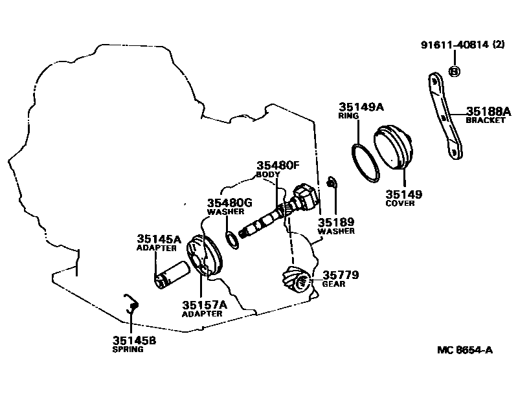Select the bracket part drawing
coord(445,117)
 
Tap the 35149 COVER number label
coord(403,193)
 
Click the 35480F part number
coord(278,165)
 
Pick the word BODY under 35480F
coord(268,175)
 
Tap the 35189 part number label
coord(335,221)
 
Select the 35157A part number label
coord(205,305)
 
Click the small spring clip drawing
coord(131,306)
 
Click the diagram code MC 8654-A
coord(464,350)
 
